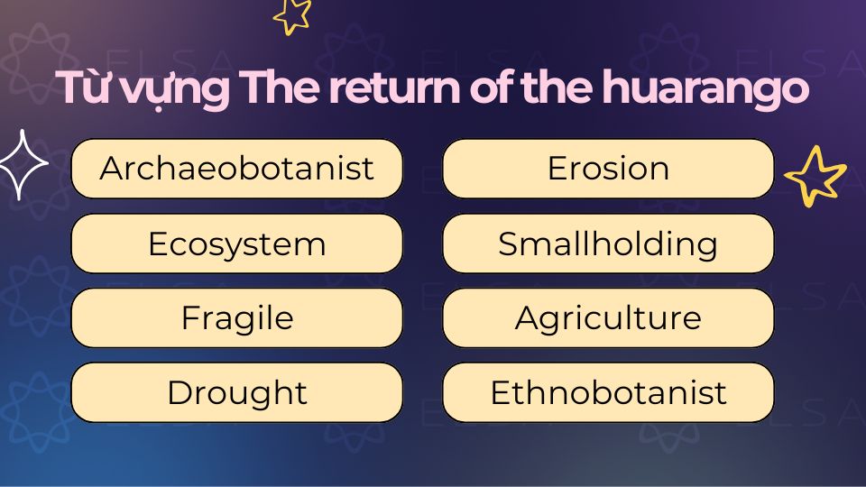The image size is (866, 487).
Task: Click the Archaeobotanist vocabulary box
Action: point(236,169)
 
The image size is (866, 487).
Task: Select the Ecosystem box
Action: point(236,243)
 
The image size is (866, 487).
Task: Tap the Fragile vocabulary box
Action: point(236,318)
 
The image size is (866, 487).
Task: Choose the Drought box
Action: point(236,392)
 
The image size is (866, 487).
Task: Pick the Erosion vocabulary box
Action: point(608,169)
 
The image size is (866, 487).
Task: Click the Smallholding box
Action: point(608,243)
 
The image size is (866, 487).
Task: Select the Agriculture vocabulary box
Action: point(608,318)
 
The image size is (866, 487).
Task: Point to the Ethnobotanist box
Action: point(608,392)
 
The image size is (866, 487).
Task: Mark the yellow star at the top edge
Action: point(292,14)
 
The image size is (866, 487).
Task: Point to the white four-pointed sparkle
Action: point(21,164)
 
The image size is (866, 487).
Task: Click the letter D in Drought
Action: point(178,393)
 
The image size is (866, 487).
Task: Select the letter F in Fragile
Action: point(189,318)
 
